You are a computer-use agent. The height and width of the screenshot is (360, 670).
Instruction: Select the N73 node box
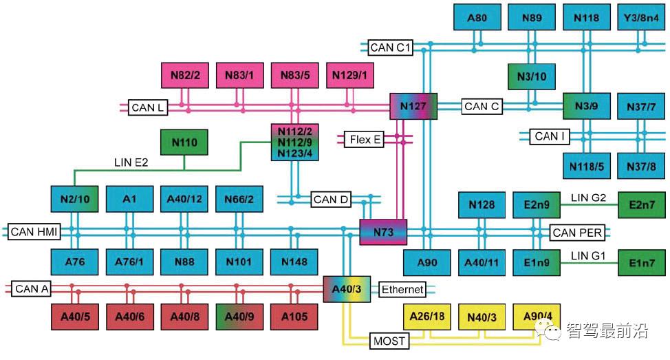click(x=384, y=232)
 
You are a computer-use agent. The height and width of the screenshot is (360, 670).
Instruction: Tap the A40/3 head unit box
click(x=347, y=288)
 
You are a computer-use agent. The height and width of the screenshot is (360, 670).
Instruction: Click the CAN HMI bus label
click(x=33, y=232)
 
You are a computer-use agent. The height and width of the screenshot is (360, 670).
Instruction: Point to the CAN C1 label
click(x=390, y=47)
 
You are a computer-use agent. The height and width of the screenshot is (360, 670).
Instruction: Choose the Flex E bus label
click(x=365, y=140)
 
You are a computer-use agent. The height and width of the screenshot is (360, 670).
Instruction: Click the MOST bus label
click(x=389, y=340)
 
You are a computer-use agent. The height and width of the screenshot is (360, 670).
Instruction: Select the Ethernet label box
click(x=402, y=289)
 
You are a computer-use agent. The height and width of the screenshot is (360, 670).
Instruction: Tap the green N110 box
click(x=184, y=142)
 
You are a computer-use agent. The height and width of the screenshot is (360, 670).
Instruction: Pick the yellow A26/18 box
click(x=426, y=316)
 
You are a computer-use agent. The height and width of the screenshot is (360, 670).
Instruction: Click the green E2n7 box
click(x=641, y=204)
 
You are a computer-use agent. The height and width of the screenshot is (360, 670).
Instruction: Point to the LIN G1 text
click(x=588, y=256)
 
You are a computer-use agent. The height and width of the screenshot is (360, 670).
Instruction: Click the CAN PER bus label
click(x=577, y=233)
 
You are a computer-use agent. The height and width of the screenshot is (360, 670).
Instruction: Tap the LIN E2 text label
click(x=131, y=162)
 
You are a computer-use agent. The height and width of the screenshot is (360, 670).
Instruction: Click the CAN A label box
click(x=31, y=289)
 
